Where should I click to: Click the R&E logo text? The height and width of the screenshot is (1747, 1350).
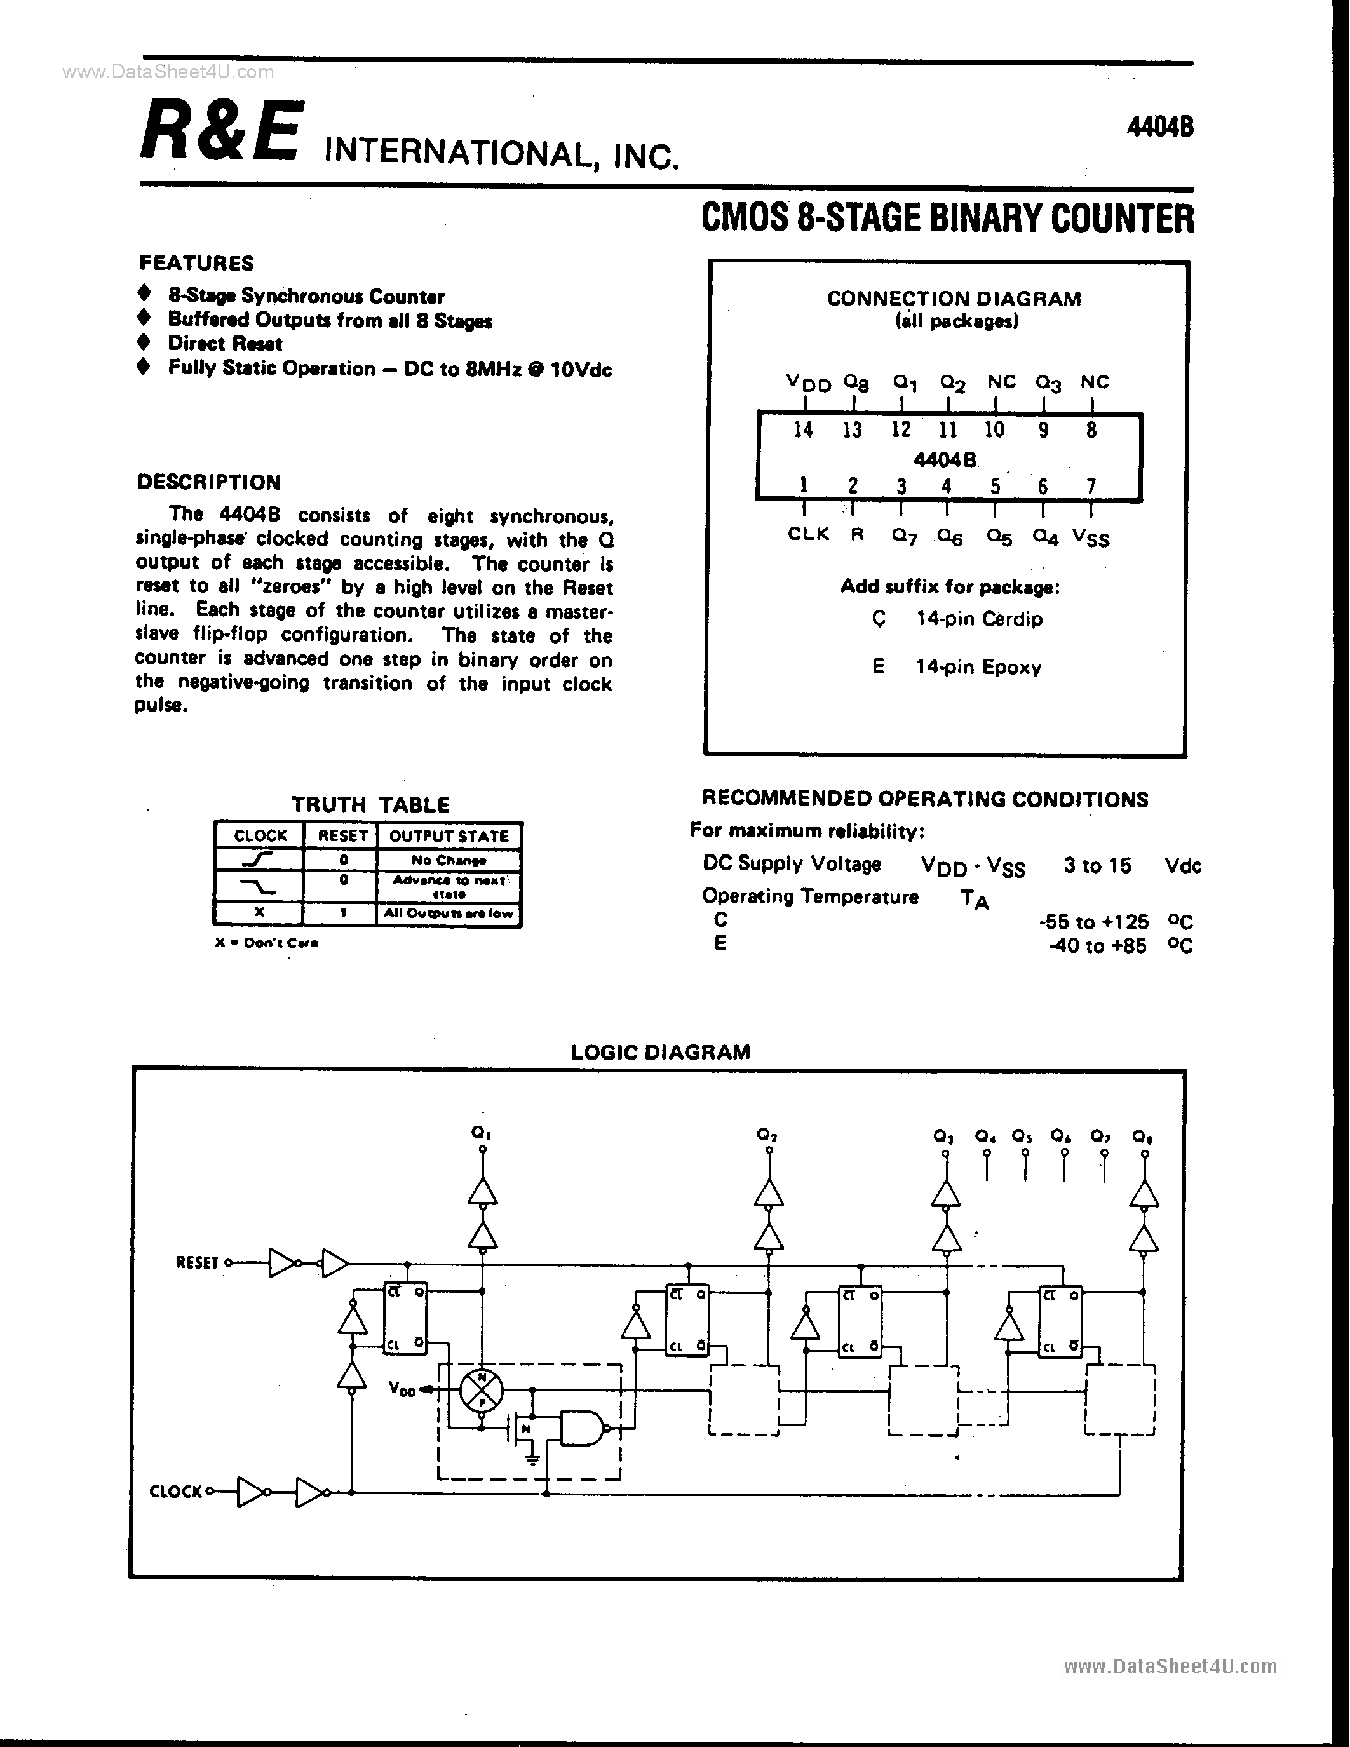click(222, 130)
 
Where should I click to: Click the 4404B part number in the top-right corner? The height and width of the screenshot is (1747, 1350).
click(1159, 126)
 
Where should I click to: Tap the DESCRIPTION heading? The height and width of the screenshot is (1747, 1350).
click(209, 482)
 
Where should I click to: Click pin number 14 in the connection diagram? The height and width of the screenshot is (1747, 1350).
click(803, 430)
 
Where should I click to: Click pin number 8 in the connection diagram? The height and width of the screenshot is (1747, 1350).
click(1091, 430)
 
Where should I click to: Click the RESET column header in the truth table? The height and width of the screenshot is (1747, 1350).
click(342, 836)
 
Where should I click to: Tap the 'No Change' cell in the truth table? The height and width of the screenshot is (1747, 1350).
click(448, 861)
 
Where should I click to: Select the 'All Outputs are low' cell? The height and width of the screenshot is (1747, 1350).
click(448, 914)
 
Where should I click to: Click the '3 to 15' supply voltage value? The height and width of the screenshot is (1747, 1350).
click(1097, 865)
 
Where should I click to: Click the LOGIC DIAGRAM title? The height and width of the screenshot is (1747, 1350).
click(660, 1052)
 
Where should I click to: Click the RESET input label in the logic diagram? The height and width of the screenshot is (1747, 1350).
click(197, 1263)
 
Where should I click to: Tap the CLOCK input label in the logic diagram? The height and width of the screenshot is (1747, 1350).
click(176, 1491)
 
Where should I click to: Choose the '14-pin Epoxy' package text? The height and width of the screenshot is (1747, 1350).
click(978, 667)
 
